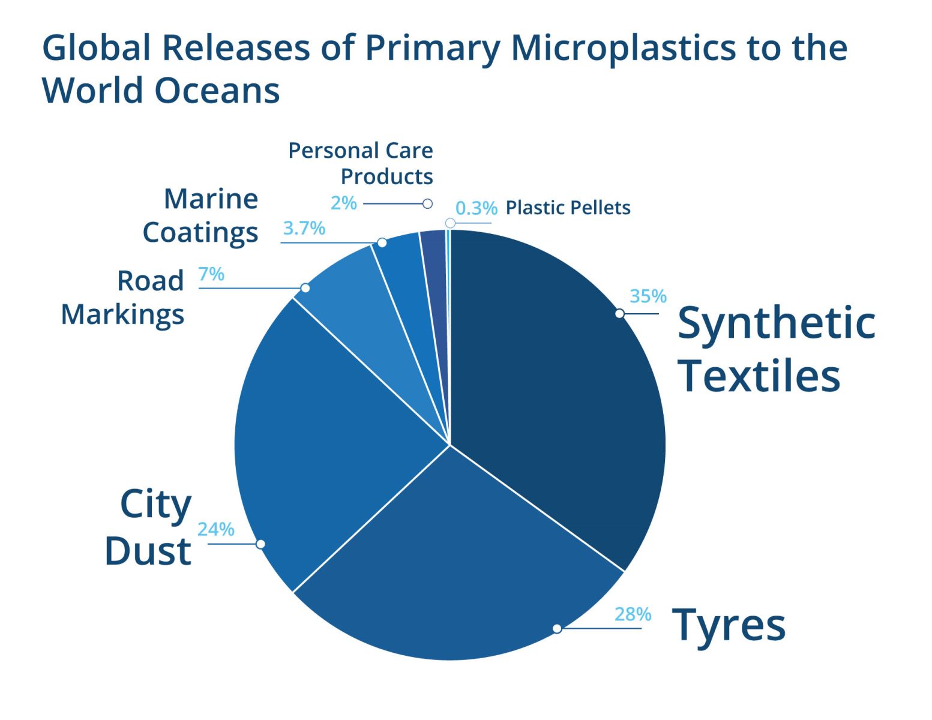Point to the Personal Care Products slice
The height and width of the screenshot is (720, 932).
pyautogui.click(x=435, y=274)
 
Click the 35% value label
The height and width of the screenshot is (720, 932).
pyautogui.click(x=648, y=296)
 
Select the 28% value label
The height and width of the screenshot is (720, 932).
pyautogui.click(x=633, y=614)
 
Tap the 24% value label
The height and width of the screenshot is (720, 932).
pyautogui.click(x=215, y=530)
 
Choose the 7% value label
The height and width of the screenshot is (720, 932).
pyautogui.click(x=211, y=274)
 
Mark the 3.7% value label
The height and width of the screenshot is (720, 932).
pyautogui.click(x=304, y=228)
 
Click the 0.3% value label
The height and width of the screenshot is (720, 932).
pyautogui.click(x=477, y=208)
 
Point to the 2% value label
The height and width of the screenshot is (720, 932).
pyautogui.click(x=344, y=203)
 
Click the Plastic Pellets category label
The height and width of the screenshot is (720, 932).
pyautogui.click(x=568, y=208)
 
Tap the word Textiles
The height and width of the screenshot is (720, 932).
pyautogui.click(x=759, y=376)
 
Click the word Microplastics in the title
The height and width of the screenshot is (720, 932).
pyautogui.click(x=624, y=49)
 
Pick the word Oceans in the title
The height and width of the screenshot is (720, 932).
pyautogui.click(x=217, y=91)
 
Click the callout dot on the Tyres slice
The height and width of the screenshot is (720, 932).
pyautogui.click(x=557, y=629)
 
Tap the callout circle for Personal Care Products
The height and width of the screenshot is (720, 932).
pyautogui.click(x=427, y=203)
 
